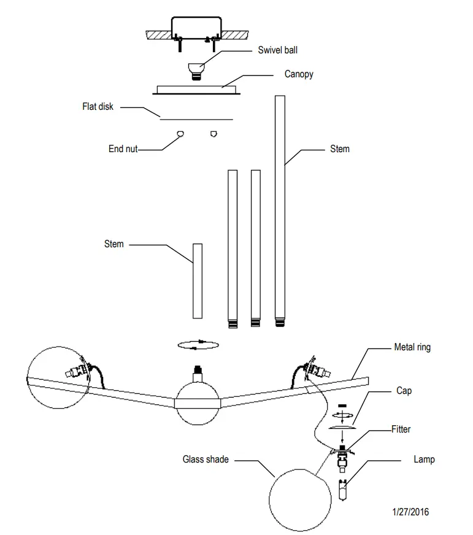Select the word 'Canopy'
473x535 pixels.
[x=299, y=74]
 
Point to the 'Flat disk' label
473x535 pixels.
[x=98, y=107]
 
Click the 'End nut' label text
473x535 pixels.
[x=123, y=148]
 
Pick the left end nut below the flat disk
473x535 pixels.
[x=180, y=134]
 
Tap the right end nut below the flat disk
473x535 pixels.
[x=213, y=134]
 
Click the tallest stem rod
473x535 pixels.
[x=280, y=209]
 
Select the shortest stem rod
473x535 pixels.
[x=197, y=280]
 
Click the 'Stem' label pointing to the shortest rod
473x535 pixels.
[x=113, y=244]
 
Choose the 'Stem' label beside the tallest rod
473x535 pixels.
[x=339, y=148]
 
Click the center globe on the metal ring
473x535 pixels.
[x=198, y=402]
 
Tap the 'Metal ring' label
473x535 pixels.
[x=412, y=347]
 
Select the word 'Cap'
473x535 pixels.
[x=404, y=391]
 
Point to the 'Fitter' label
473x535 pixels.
[x=401, y=429]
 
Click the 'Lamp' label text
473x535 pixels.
[x=423, y=459]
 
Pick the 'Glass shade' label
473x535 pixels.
[x=206, y=459]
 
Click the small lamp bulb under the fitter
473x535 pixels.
[x=343, y=491]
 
